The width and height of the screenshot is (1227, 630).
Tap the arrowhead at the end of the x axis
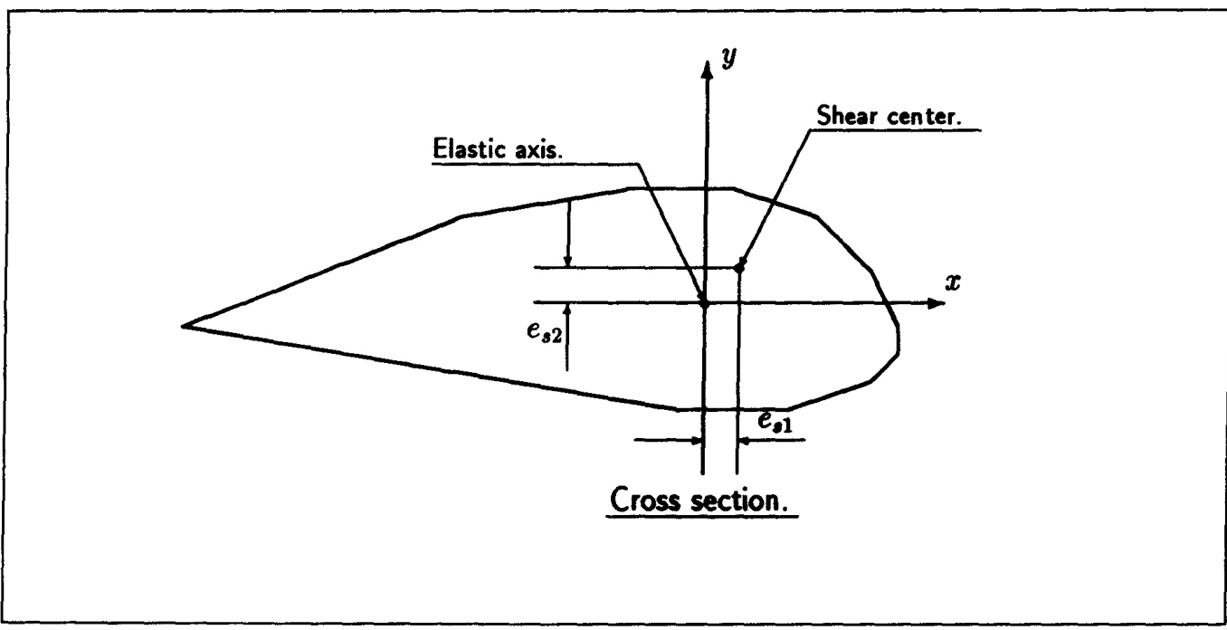click(x=936, y=302)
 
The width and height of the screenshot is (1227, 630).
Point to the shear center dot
click(x=739, y=267)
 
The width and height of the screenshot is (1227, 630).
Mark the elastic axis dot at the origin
click(x=704, y=302)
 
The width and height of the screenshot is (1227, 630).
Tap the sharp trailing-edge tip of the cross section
click(x=184, y=325)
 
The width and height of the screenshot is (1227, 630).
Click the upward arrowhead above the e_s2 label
click(x=567, y=310)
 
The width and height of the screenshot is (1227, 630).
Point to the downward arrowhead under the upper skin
click(x=567, y=259)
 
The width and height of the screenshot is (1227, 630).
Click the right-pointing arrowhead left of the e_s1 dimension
click(x=695, y=440)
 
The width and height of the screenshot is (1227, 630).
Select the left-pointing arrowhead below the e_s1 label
click(x=746, y=440)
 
